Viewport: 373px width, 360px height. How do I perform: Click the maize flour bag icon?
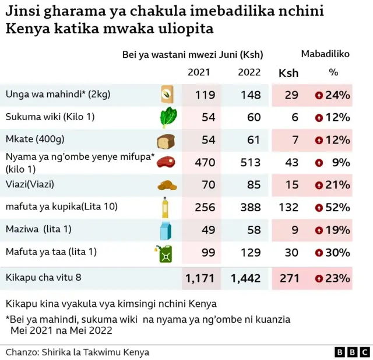click(167, 95)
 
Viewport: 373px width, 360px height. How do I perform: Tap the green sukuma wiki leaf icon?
click(166, 118)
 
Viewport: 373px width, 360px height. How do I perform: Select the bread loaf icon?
click(166, 141)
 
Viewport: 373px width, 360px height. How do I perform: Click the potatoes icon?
click(166, 186)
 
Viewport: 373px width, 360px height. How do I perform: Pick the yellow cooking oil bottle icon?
click(166, 207)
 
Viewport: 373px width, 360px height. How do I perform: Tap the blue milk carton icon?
click(166, 230)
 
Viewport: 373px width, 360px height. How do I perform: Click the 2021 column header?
click(199, 72)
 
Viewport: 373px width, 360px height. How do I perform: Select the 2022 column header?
click(249, 72)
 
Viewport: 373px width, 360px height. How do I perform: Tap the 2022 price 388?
click(249, 208)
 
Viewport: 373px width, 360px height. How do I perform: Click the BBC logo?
click(352, 352)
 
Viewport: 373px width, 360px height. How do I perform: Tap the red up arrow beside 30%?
click(319, 253)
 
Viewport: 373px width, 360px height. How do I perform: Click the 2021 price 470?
click(205, 163)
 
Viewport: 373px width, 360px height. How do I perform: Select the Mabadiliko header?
click(325, 54)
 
